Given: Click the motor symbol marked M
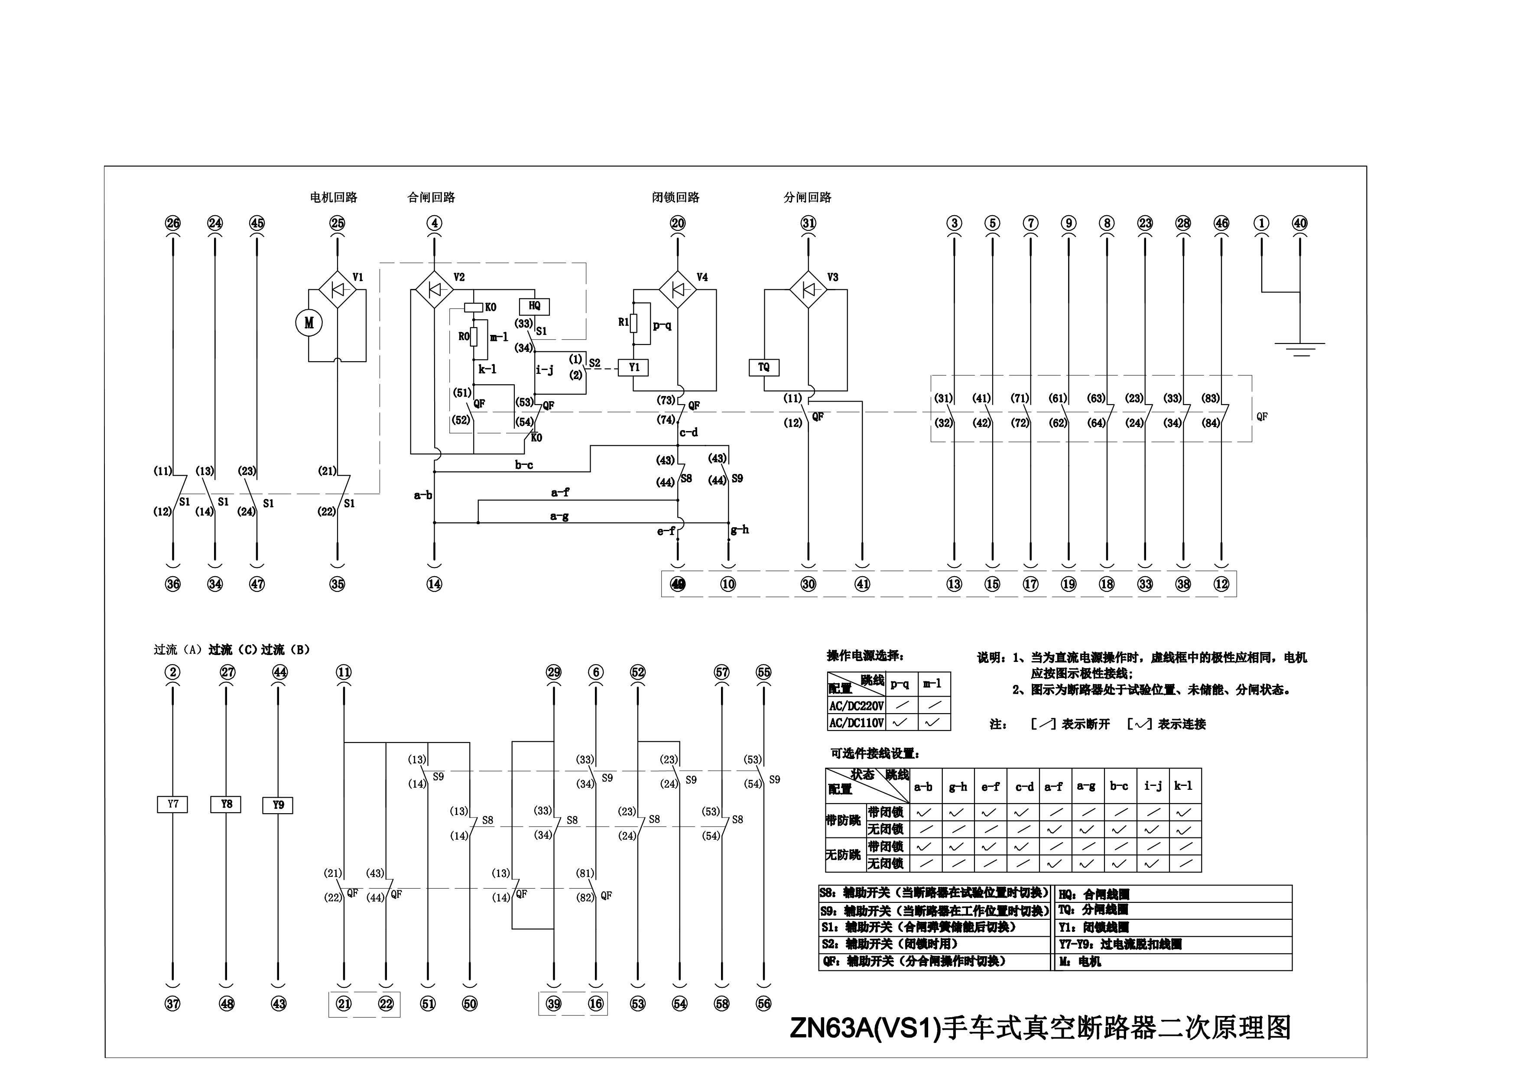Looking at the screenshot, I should (x=309, y=323).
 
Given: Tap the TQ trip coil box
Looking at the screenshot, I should (x=764, y=367).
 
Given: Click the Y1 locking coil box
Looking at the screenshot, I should (x=633, y=367).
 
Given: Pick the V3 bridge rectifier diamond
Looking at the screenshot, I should (x=809, y=289).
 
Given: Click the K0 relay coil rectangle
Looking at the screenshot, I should (x=474, y=307).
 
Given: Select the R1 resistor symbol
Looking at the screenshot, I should (x=633, y=323).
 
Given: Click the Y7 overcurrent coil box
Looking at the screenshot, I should (x=173, y=804).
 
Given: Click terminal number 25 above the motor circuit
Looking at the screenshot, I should (x=338, y=223).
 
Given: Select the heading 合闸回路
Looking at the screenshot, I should (x=431, y=197).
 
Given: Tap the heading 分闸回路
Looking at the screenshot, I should (x=808, y=197).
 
